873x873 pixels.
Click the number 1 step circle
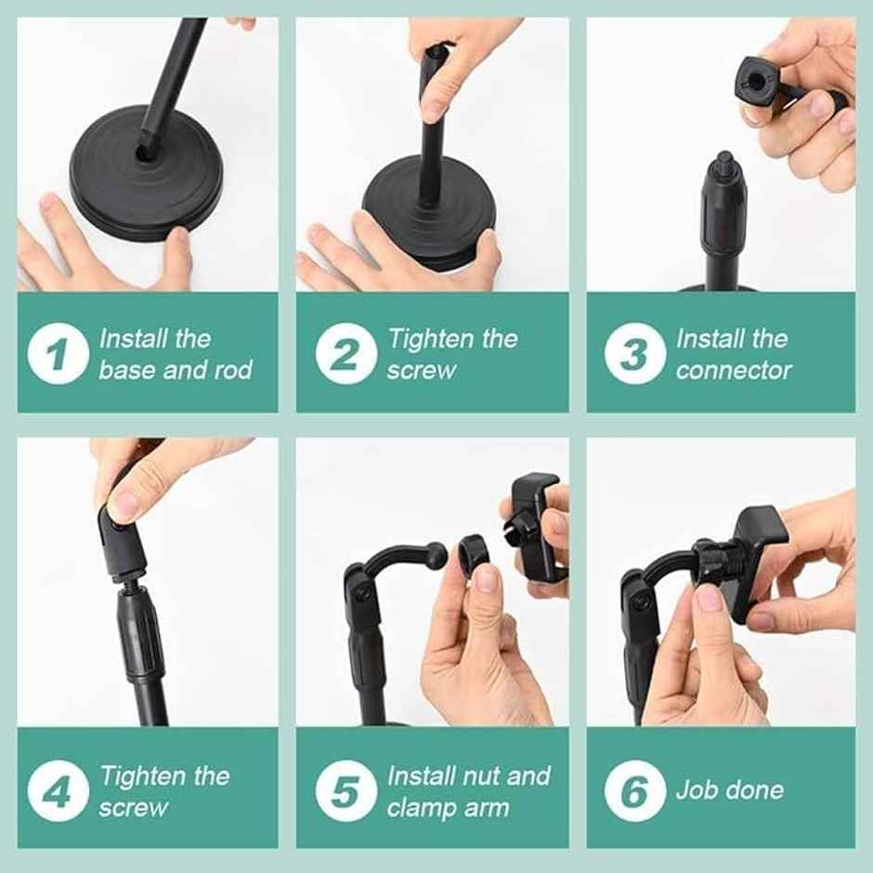click(58, 354)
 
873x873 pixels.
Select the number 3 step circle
click(635, 354)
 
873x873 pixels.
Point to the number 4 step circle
click(58, 790)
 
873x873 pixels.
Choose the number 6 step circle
click(635, 790)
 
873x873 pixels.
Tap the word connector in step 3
click(734, 370)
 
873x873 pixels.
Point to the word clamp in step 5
click(418, 807)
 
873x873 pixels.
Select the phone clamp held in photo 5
click(537, 525)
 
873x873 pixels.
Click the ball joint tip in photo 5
click(436, 555)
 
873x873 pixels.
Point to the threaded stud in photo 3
click(724, 168)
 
